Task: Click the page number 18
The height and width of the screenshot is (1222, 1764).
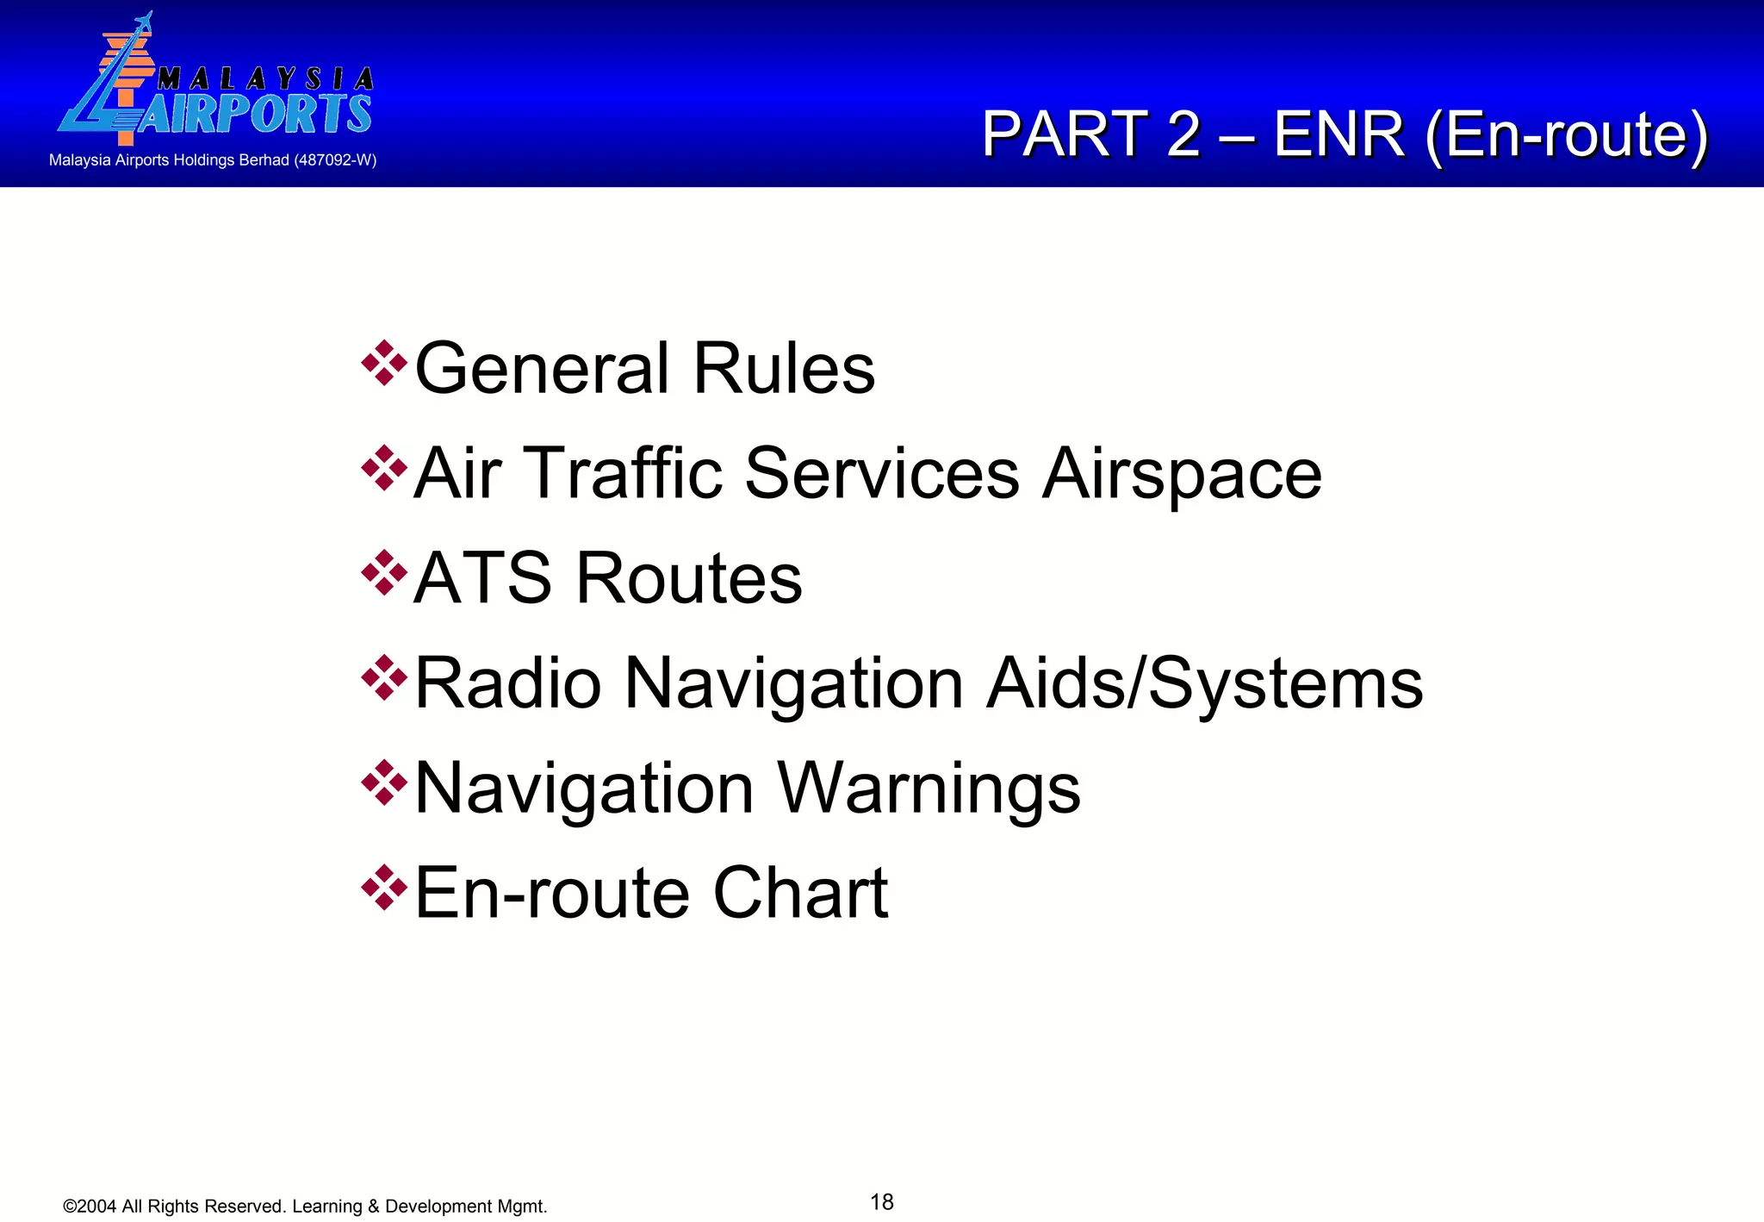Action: (x=882, y=1201)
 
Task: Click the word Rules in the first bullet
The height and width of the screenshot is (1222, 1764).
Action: (x=784, y=369)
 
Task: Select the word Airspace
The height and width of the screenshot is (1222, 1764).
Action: (x=1182, y=473)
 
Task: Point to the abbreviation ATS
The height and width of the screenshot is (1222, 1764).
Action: (x=482, y=578)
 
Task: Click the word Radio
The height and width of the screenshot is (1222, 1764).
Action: (x=508, y=683)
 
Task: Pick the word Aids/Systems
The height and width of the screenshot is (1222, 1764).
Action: (x=1204, y=683)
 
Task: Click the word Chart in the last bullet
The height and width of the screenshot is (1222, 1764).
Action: (x=800, y=893)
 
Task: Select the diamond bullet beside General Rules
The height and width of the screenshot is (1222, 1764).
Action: (x=384, y=363)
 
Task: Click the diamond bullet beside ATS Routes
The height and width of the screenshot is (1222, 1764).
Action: (x=384, y=572)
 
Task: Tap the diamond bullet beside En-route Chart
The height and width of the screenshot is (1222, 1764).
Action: (x=384, y=888)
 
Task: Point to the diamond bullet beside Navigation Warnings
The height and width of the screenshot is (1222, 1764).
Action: (x=384, y=782)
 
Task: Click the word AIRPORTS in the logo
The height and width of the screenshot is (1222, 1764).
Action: (x=255, y=114)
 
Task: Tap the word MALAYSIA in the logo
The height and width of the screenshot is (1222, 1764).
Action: (x=265, y=79)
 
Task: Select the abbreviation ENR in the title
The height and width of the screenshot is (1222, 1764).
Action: (x=1339, y=134)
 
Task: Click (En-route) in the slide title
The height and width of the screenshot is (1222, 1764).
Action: (x=1566, y=134)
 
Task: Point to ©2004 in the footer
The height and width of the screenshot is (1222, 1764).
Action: (x=90, y=1206)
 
